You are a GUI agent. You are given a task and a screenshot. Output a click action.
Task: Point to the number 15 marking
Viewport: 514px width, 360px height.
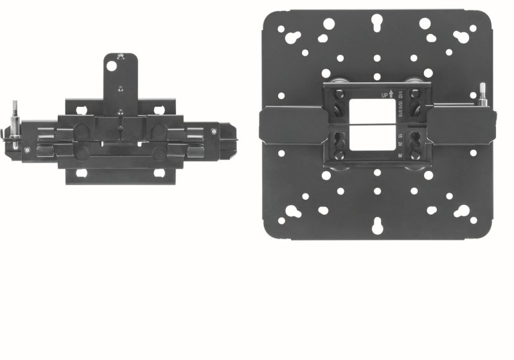(400, 138)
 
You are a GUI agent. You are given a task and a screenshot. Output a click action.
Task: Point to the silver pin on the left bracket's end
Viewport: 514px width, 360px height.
(13, 120)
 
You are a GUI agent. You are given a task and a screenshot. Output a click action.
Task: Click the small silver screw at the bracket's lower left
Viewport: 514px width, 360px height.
(28, 150)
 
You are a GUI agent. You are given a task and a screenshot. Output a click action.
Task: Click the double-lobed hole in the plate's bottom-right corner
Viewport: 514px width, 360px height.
(461, 212)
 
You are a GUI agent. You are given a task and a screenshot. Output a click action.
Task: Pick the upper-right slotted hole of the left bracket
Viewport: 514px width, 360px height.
(161, 102)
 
